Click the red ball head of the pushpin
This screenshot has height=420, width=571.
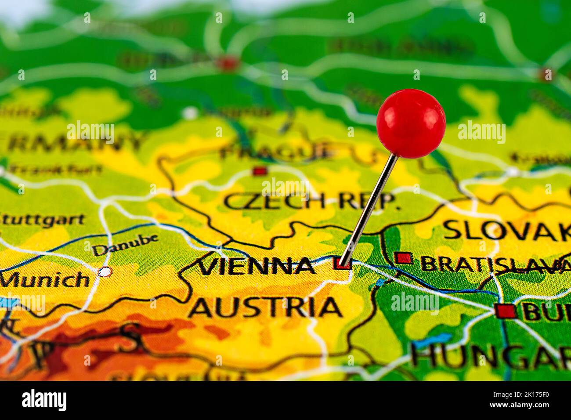[x=411, y=123]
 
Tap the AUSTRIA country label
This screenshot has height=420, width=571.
[x=266, y=307]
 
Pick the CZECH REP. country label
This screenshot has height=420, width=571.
[x=311, y=201]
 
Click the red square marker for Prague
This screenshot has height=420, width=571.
[x=260, y=170]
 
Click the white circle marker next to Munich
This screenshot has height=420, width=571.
[x=105, y=272]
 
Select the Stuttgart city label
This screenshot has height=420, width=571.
[x=42, y=219]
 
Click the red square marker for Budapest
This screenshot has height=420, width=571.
[x=505, y=311]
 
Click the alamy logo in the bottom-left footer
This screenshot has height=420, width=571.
[x=44, y=400]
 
